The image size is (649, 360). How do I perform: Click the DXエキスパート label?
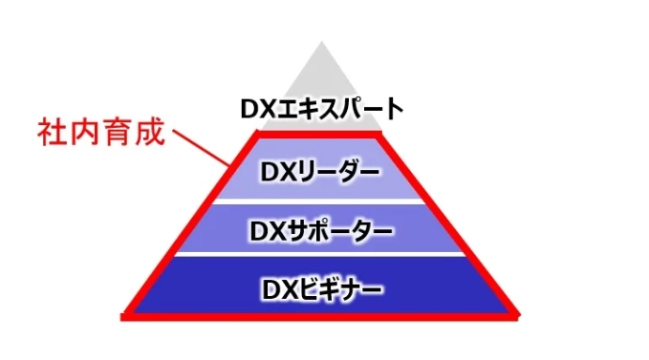pos(321,110)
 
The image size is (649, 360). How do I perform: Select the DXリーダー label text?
pos(321,173)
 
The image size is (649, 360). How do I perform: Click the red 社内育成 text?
pos(102,131)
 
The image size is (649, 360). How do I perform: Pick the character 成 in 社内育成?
pos(150,131)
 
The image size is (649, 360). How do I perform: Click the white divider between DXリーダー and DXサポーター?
pos(321,201)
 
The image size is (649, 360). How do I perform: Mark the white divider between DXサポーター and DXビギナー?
pos(321,256)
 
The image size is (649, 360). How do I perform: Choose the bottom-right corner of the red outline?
pos(515,315)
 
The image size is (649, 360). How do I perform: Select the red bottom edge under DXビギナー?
pos(321,315)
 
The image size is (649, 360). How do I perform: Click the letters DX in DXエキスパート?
pos(255,110)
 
